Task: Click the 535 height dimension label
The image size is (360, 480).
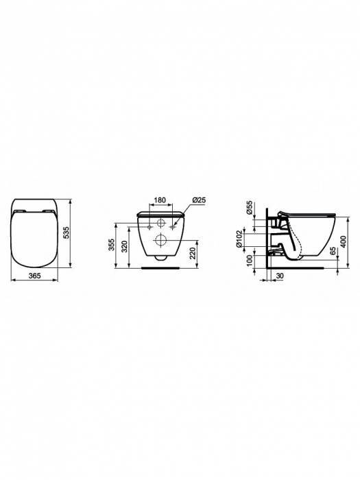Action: click(x=77, y=235)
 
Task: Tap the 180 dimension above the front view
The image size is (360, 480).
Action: click(x=159, y=200)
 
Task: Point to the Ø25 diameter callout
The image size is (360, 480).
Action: click(x=200, y=200)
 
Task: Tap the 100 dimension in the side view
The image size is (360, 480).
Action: click(x=250, y=262)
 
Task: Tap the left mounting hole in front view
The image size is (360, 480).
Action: click(x=149, y=224)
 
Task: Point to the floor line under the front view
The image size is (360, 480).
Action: click(x=160, y=269)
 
